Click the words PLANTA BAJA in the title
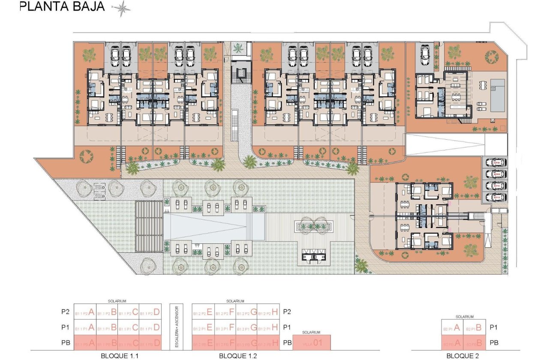[62, 7]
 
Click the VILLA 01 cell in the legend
[312, 343]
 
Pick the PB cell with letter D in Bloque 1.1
[150, 343]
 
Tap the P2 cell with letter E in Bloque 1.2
[203, 312]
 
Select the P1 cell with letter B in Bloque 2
[475, 328]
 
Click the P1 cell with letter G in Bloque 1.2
[247, 328]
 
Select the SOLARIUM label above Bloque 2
[464, 317]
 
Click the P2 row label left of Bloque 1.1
[65, 312]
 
